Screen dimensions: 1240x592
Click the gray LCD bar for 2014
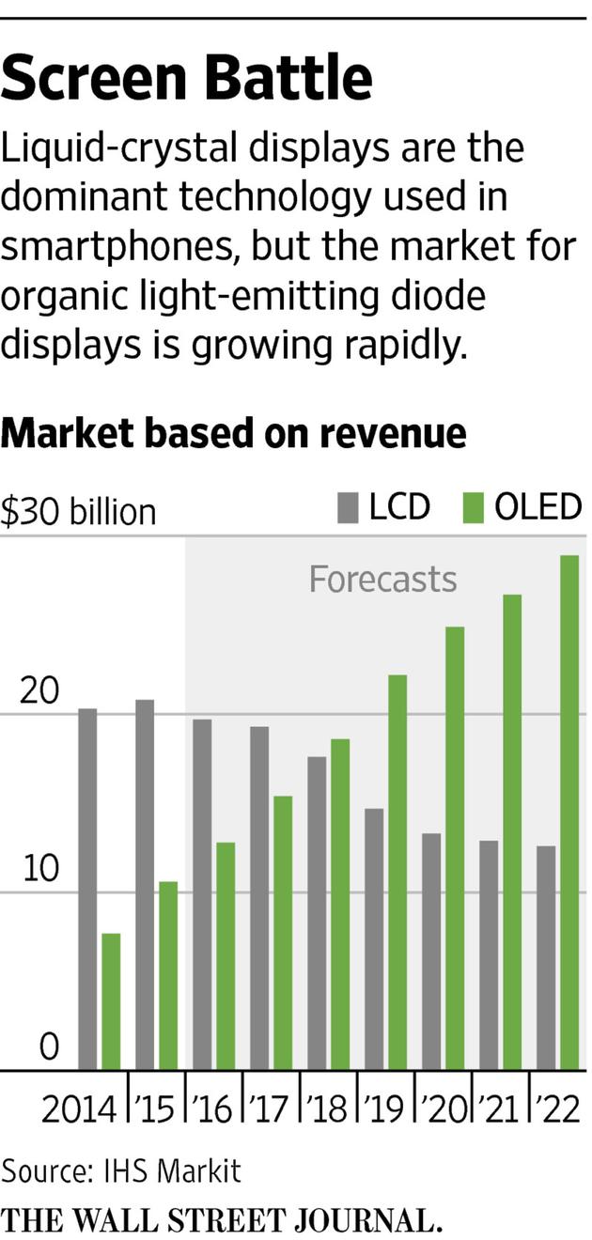pyautogui.click(x=87, y=888)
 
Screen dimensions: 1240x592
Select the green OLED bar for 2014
pyautogui.click(x=111, y=1000)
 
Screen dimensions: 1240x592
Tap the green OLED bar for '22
pyautogui.click(x=569, y=812)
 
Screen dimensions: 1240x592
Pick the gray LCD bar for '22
pyautogui.click(x=546, y=957)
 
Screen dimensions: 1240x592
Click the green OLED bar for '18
pyautogui.click(x=340, y=904)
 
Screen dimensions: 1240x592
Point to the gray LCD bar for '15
pyautogui.click(x=145, y=884)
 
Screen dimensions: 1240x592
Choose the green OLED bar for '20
pyautogui.click(x=455, y=847)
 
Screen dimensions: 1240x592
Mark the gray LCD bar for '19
pyautogui.click(x=374, y=938)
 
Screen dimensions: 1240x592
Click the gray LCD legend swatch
pyautogui.click(x=348, y=509)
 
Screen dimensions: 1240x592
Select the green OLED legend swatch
pyautogui.click(x=475, y=509)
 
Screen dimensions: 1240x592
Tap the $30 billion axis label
pyautogui.click(x=79, y=513)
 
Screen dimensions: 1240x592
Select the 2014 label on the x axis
pyautogui.click(x=80, y=1109)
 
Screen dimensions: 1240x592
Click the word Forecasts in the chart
pyautogui.click(x=383, y=580)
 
